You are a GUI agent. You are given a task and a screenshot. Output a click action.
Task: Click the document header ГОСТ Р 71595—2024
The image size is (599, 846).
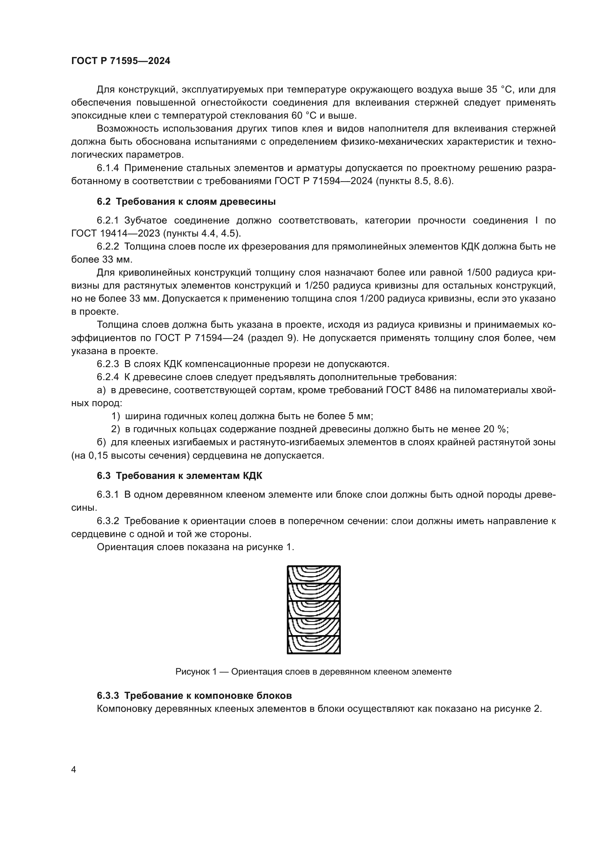121,61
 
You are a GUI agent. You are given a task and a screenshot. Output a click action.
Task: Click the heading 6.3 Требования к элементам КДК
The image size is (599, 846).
179,476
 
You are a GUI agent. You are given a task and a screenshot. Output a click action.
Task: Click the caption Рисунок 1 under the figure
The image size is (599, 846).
313,671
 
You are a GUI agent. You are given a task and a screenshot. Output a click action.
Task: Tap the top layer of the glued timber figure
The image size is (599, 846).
314,575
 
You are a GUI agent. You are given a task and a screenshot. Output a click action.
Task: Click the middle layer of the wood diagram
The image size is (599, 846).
314,609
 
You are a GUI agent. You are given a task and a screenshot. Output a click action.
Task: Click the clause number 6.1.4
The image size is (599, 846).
108,169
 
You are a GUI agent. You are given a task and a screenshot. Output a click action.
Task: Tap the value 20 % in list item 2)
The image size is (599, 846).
496,429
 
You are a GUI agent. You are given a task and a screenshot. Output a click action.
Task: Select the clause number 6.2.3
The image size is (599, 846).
108,364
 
